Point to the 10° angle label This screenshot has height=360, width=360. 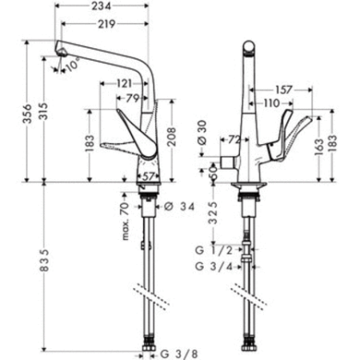tap(74, 66)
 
